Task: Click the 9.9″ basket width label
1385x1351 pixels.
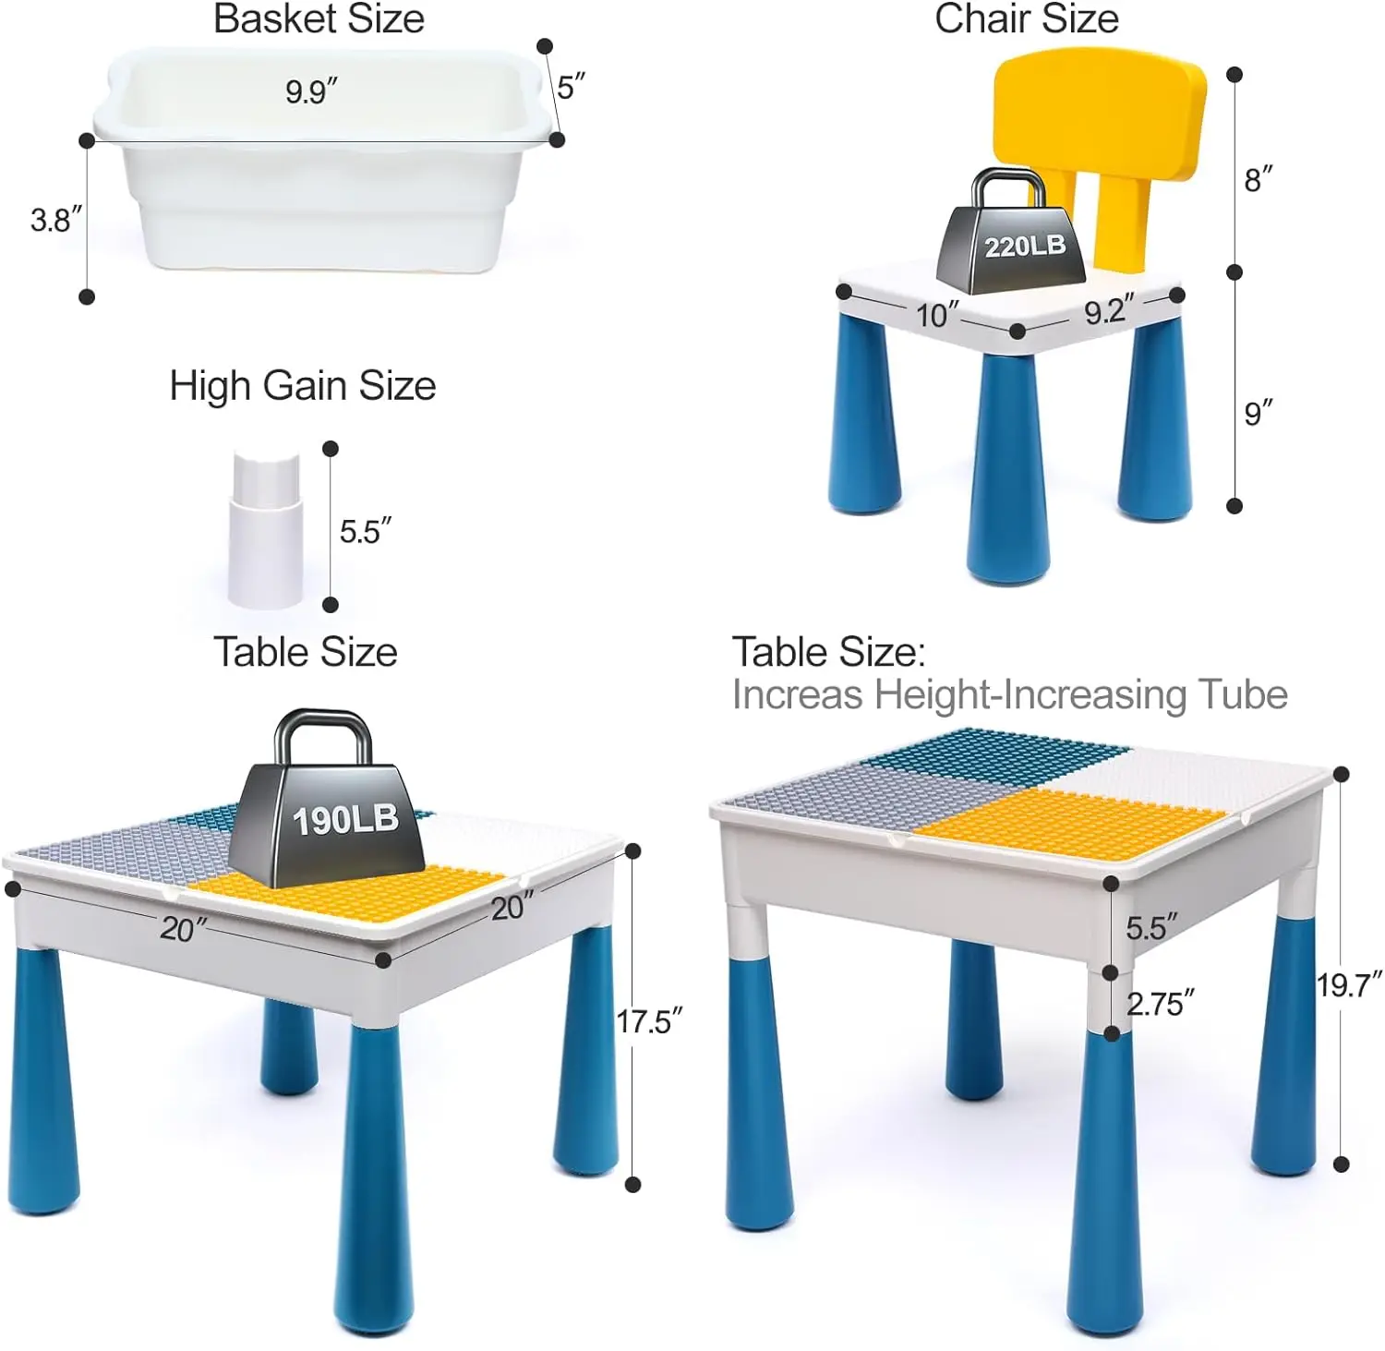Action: pyautogui.click(x=311, y=91)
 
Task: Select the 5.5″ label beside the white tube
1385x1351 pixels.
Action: pyautogui.click(x=365, y=531)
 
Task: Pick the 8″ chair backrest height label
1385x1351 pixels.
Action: pyautogui.click(x=1258, y=179)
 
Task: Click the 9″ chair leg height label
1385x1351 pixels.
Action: pyautogui.click(x=1258, y=412)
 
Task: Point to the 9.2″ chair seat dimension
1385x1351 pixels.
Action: pyautogui.click(x=1108, y=311)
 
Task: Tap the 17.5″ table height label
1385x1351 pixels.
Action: pyautogui.click(x=648, y=1021)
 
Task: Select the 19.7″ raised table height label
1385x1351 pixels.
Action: pyautogui.click(x=1349, y=985)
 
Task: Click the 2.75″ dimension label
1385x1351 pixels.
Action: pyautogui.click(x=1160, y=1004)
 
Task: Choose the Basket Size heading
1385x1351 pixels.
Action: pyautogui.click(x=319, y=18)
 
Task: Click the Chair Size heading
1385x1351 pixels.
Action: pyautogui.click(x=1026, y=18)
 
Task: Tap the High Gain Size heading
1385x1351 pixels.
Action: pyautogui.click(x=302, y=385)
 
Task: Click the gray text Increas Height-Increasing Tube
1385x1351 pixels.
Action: pyautogui.click(x=1009, y=694)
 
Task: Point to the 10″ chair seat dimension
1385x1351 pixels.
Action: pyautogui.click(x=937, y=315)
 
